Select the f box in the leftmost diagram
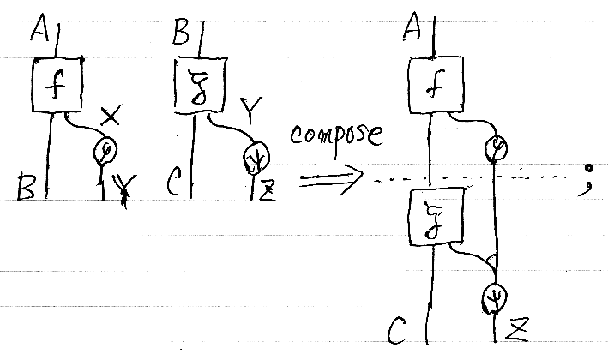tap(56, 84)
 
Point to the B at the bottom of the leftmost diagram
tap(28, 187)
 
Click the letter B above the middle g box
tap(182, 35)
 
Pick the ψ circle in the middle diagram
tap(256, 158)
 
